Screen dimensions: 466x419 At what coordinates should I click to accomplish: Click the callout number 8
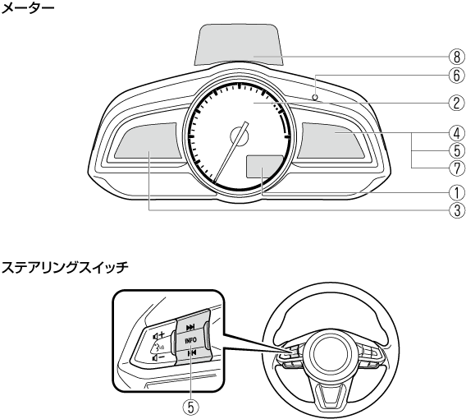457,57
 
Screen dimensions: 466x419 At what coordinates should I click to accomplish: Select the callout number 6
457,76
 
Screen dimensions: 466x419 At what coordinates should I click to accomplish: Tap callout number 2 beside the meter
457,103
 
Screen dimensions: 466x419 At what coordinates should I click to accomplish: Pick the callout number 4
457,134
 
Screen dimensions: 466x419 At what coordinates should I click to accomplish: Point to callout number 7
457,168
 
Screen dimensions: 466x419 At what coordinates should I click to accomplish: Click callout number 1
457,193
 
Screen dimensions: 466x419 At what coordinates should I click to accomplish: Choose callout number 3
457,210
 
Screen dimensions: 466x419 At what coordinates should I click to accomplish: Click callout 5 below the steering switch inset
190,407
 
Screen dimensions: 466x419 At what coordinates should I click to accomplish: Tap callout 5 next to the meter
457,151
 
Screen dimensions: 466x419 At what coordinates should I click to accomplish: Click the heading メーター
28,8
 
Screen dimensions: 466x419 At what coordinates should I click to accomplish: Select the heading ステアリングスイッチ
65,267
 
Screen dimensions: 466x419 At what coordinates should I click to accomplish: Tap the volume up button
158,335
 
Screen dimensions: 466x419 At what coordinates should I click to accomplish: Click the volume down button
158,357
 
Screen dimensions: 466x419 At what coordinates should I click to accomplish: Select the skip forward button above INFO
190,327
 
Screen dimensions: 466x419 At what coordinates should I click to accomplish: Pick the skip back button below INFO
190,353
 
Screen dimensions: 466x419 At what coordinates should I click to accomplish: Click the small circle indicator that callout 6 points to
315,97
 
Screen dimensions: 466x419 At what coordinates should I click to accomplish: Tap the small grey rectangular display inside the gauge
264,166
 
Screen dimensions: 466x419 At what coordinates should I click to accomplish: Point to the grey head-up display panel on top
240,44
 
